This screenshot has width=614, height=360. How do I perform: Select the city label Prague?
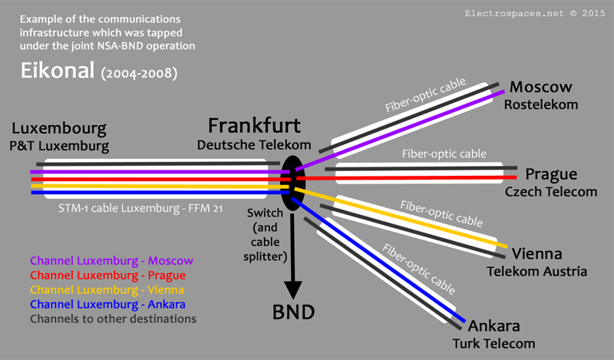551,174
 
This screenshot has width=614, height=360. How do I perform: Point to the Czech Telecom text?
550,191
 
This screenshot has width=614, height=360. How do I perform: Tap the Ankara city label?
499,325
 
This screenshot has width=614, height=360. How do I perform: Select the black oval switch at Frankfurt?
291,183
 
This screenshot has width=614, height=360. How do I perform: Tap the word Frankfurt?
254,126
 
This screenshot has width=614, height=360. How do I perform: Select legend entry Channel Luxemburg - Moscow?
111,261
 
